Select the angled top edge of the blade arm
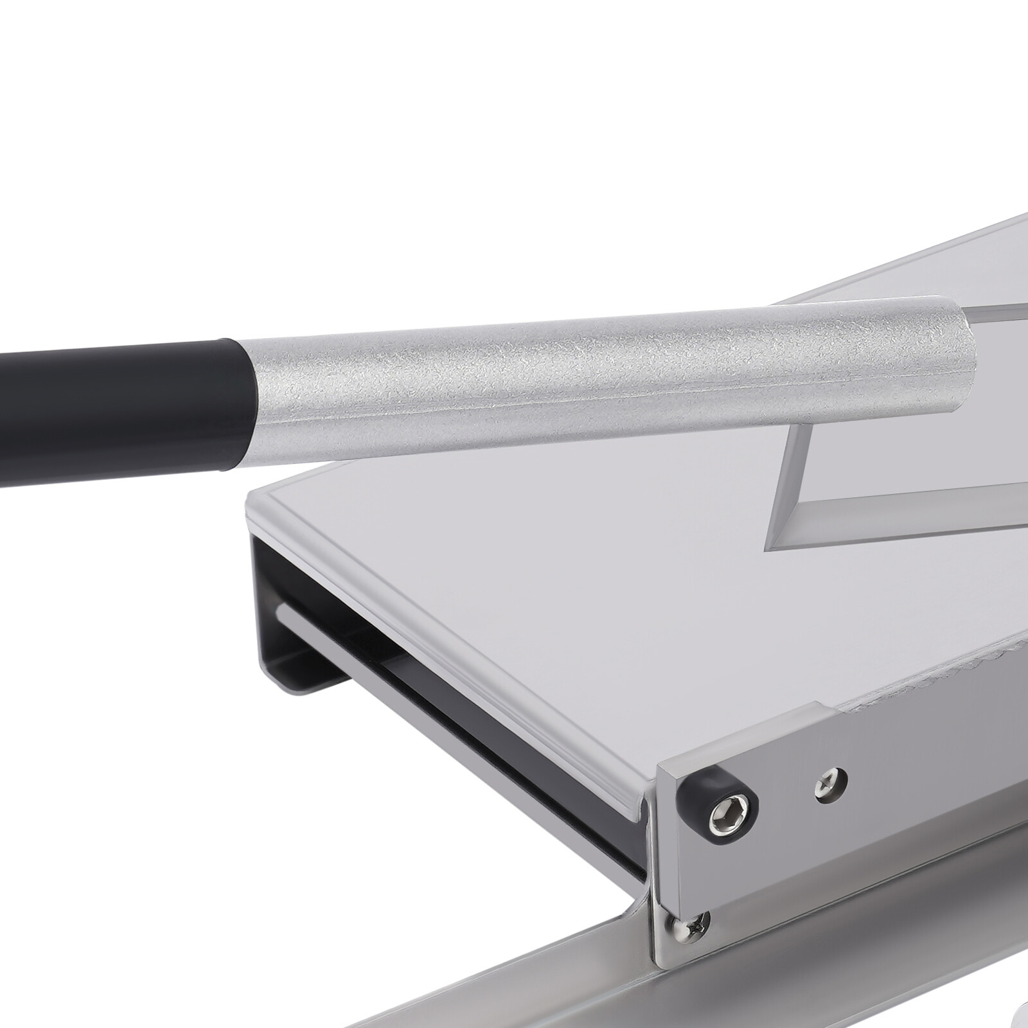(899, 270)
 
